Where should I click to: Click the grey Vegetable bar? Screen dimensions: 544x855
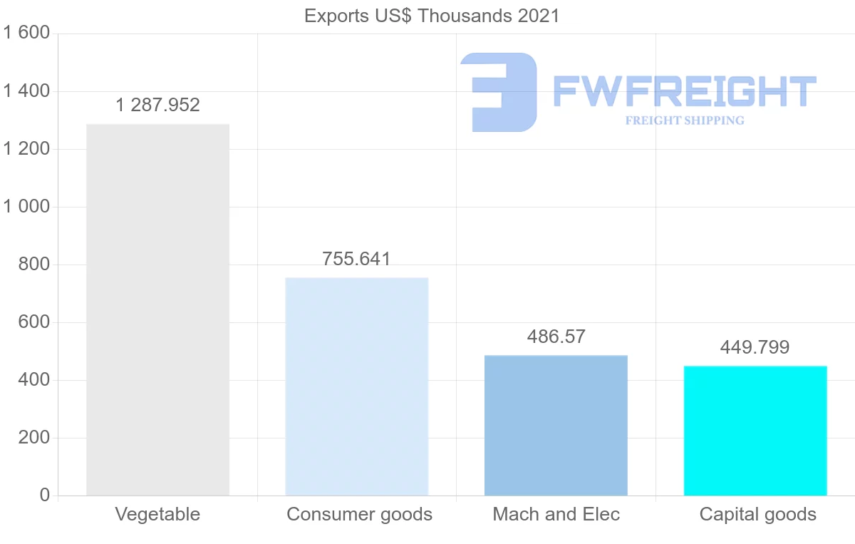pos(157,310)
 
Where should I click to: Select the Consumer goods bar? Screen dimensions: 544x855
pos(356,386)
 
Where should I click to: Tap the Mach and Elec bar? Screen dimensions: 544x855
pos(556,425)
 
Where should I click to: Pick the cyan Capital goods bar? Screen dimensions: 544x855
pos(755,431)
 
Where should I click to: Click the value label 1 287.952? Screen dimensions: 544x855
pos(157,106)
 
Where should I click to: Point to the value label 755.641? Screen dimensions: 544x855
pos(356,259)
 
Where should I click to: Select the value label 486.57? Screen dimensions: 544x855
pos(556,337)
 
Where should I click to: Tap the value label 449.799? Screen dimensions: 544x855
pos(755,347)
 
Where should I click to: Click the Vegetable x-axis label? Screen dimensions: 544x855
pos(157,514)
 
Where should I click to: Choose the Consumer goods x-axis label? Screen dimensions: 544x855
pos(359,514)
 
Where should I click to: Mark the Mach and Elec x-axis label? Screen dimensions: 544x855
pos(556,514)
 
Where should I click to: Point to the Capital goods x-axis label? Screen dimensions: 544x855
pos(757,514)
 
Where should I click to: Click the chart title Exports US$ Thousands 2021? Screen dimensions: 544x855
pos(432,16)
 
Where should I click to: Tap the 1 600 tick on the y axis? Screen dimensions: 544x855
pos(26,34)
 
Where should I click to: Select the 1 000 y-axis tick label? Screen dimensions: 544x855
pos(26,207)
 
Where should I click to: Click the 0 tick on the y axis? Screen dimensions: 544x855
pos(45,496)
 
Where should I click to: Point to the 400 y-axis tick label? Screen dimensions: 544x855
pos(33,380)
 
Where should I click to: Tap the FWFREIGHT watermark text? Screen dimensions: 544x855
pos(684,91)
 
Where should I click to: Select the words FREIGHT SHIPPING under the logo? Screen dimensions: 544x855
pos(684,120)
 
